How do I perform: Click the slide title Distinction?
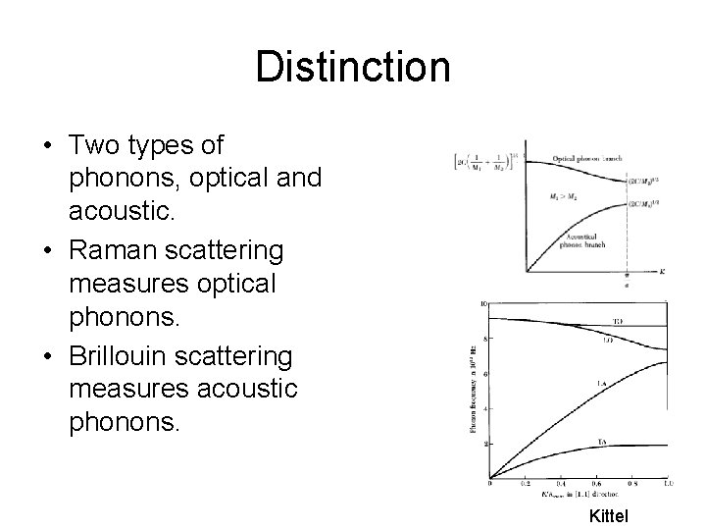tap(352, 68)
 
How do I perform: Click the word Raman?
tap(121, 251)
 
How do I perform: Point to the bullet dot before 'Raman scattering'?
tap(46, 251)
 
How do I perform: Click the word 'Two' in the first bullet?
tap(94, 146)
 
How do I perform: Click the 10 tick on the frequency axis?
tap(483, 304)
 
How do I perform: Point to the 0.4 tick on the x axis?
tap(561, 484)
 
